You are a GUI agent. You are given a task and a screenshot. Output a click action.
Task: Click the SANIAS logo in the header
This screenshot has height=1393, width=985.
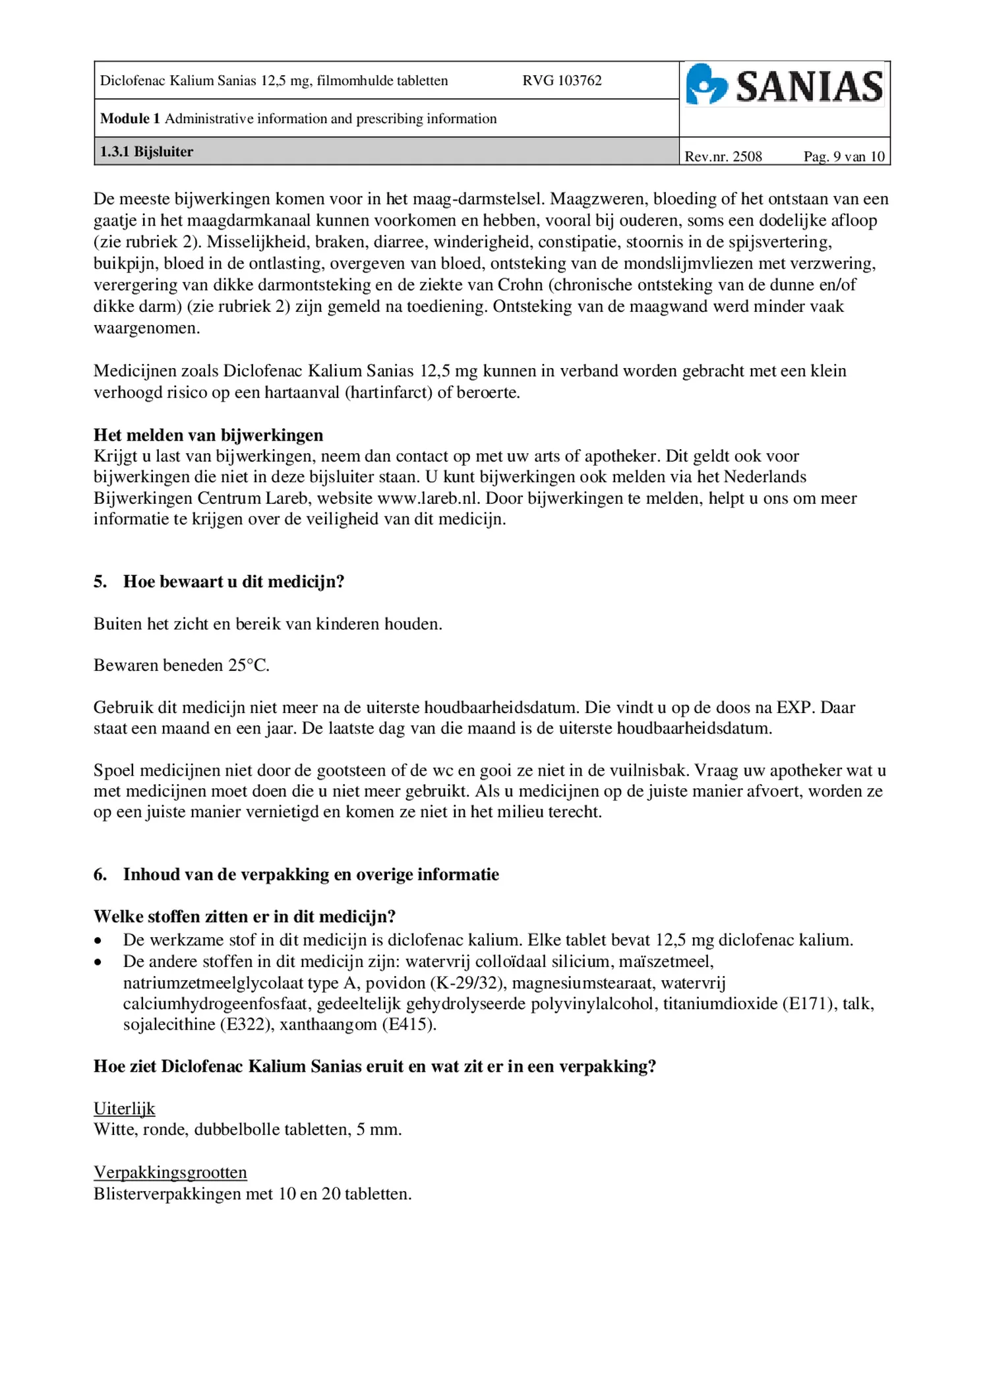pyautogui.click(x=784, y=85)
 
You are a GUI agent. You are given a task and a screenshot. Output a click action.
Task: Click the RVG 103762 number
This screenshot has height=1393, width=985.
pyautogui.click(x=562, y=80)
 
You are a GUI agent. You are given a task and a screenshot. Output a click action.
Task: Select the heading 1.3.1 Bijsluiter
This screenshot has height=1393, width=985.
pyautogui.click(x=146, y=152)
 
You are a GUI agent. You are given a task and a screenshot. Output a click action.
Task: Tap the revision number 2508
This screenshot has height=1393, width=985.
pyautogui.click(x=747, y=156)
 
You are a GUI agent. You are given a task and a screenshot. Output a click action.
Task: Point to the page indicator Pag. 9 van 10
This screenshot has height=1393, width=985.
pyautogui.click(x=843, y=156)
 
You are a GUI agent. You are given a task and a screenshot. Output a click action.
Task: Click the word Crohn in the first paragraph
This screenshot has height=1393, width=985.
pyautogui.click(x=520, y=285)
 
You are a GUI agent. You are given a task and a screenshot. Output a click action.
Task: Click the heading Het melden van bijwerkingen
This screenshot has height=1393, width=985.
pyautogui.click(x=208, y=435)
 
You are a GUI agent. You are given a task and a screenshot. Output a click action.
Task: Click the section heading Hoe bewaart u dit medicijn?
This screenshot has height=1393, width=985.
pyautogui.click(x=233, y=582)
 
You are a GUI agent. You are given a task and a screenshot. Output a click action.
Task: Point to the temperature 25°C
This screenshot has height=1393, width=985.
pyautogui.click(x=249, y=666)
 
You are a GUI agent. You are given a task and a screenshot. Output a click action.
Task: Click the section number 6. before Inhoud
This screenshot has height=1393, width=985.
pyautogui.click(x=100, y=875)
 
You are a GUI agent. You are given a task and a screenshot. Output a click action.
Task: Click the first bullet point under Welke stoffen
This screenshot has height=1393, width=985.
pyautogui.click(x=98, y=941)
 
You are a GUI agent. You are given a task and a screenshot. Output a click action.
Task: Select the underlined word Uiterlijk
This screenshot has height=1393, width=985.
pyautogui.click(x=124, y=1109)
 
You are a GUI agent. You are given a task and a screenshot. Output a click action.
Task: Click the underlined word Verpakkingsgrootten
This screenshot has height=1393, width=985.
pyautogui.click(x=170, y=1173)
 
